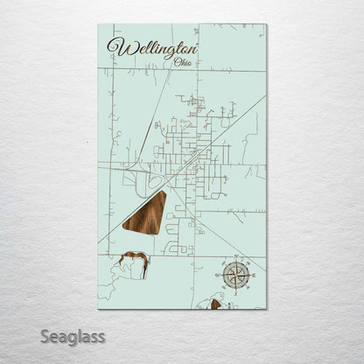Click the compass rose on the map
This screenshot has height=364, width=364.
(235, 274)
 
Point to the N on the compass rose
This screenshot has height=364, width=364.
(235, 259)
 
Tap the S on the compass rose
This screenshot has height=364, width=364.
(235, 290)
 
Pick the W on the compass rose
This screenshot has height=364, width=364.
(220, 274)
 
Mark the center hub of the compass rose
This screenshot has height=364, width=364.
(235, 274)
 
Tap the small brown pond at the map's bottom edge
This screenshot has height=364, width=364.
(214, 304)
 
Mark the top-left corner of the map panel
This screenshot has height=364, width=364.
(98, 24)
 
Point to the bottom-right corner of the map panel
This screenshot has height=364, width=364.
(267, 309)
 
